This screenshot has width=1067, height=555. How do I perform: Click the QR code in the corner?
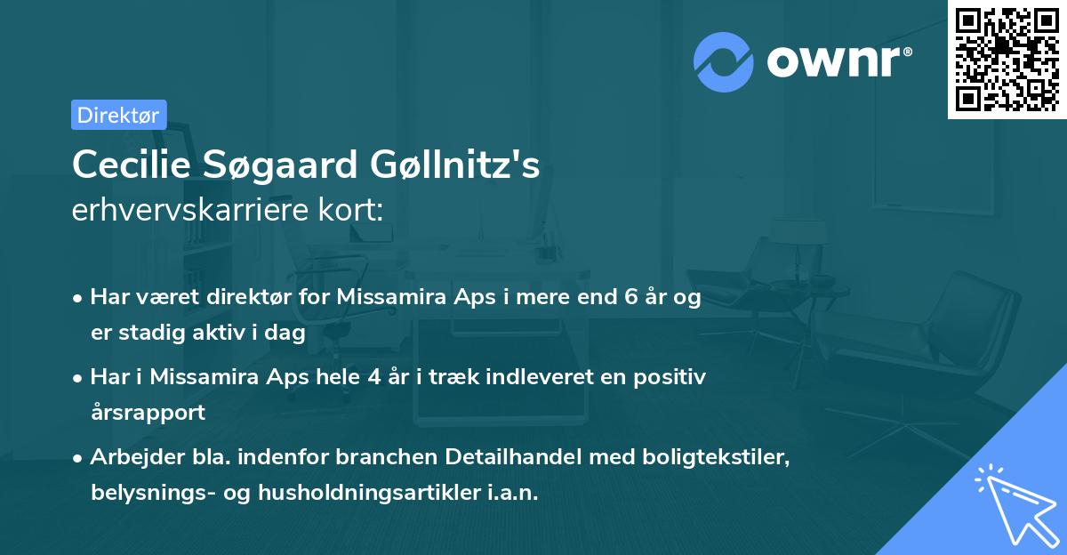pyautogui.click(x=1007, y=59)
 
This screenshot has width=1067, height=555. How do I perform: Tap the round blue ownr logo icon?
pyautogui.click(x=724, y=61)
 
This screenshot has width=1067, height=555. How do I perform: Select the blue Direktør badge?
pyautogui.click(x=118, y=115)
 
